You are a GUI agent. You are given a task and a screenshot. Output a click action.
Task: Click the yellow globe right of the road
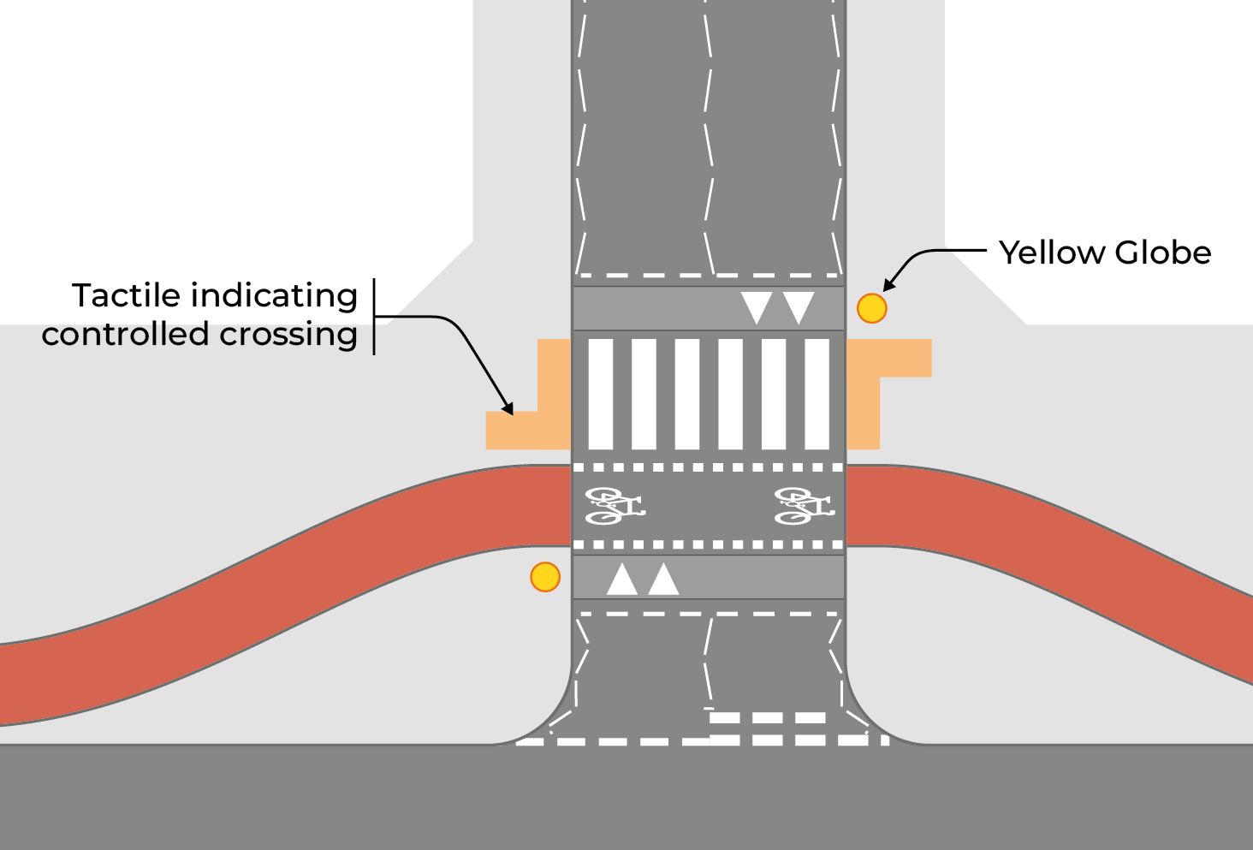(871, 308)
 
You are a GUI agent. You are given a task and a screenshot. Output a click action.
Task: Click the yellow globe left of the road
(545, 577)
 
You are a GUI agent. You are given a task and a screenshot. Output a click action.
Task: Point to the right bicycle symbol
(804, 506)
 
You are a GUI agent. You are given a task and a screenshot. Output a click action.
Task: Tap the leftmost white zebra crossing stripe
(601, 394)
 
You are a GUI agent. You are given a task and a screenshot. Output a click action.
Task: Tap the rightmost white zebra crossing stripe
(817, 394)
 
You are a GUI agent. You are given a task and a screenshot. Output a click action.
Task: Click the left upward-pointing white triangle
(622, 580)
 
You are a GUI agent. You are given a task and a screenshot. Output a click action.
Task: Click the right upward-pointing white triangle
(663, 580)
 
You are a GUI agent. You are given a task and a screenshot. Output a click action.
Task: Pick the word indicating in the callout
(275, 295)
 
